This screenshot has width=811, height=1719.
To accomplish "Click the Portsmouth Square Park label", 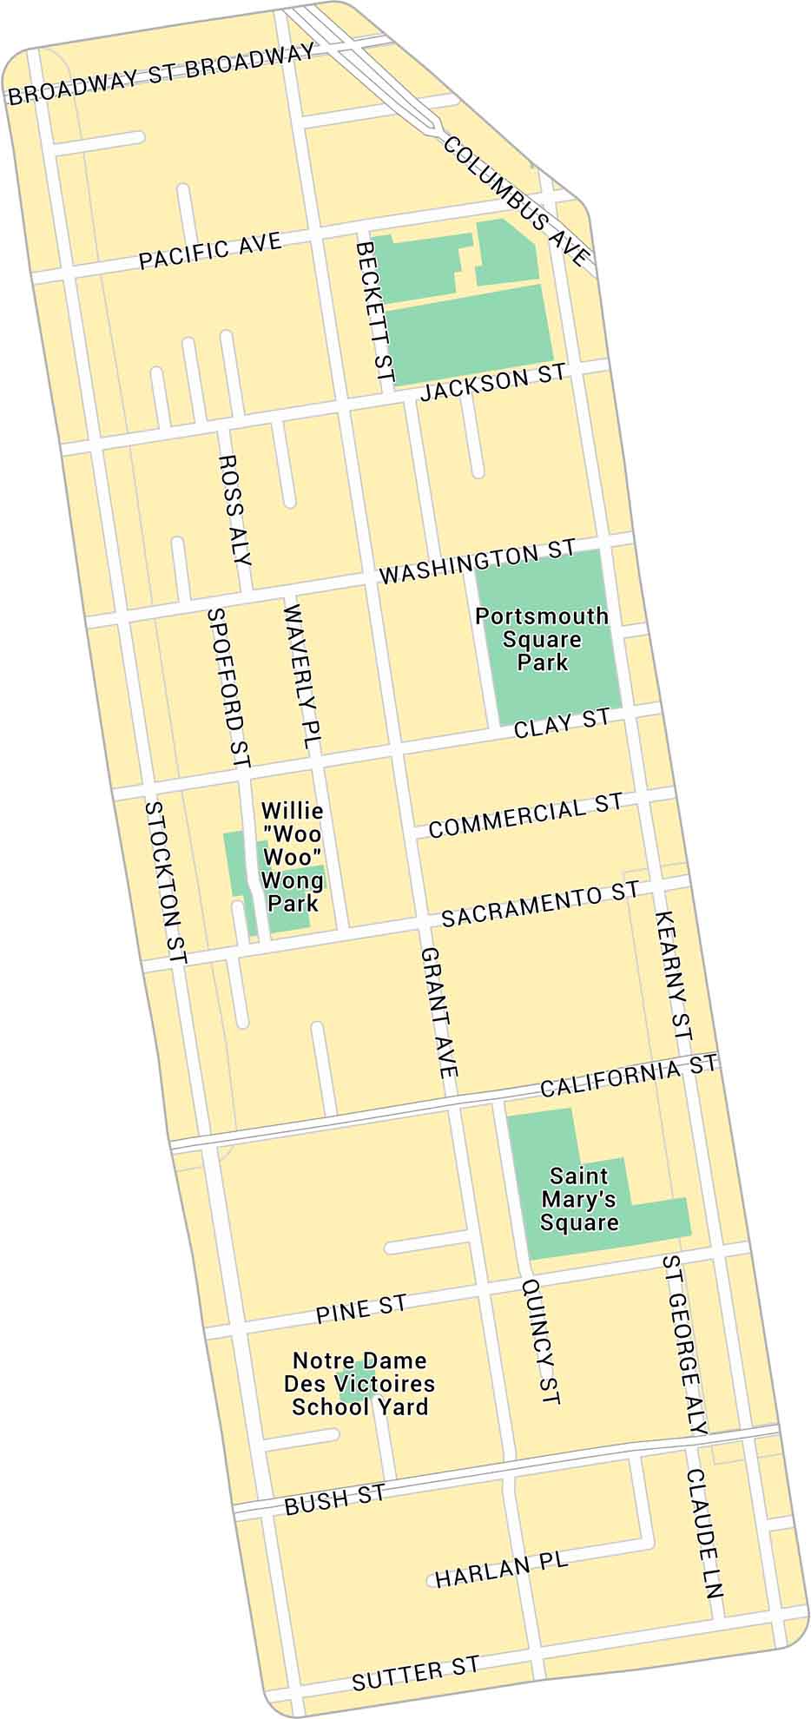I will (x=542, y=639).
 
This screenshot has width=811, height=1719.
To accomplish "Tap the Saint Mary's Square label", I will (x=579, y=1199).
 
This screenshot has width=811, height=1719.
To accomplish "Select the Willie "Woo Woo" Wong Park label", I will (x=293, y=857).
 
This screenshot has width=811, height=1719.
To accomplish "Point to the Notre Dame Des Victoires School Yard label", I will (x=359, y=1384).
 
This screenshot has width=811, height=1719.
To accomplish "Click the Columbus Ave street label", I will (x=518, y=201).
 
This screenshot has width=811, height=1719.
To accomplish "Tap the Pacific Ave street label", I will (x=211, y=251).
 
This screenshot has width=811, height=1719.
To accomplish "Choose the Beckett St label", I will (x=375, y=313).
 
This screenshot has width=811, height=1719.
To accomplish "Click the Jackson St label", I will (x=492, y=382).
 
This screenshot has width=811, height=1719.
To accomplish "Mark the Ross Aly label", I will (x=234, y=510).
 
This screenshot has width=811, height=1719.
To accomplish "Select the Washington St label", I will (x=478, y=563).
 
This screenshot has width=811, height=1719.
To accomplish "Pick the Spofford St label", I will (x=228, y=688).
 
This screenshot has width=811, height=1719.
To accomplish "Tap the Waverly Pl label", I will (x=301, y=677).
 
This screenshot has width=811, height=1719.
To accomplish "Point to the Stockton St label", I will (x=166, y=882).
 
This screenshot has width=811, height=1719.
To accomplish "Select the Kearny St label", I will (x=673, y=976).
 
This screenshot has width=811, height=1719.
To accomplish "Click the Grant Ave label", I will (x=438, y=1012).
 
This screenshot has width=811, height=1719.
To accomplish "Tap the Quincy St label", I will (x=541, y=1341).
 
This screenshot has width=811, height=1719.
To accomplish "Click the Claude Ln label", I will (x=704, y=1532).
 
